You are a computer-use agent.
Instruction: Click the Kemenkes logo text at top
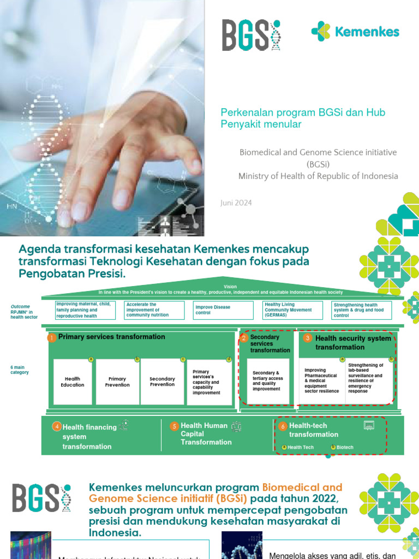[x=367, y=32]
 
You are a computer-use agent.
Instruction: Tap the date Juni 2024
[x=236, y=203]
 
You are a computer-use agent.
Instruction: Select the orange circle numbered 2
[x=244, y=338]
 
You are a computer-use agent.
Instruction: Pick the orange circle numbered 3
[x=307, y=338]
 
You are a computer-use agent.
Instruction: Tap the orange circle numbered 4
[x=56, y=427]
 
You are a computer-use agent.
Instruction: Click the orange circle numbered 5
[x=174, y=426]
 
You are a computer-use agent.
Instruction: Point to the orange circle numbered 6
[x=282, y=426]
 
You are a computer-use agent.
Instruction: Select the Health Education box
[x=73, y=382]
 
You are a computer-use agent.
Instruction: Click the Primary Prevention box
[x=117, y=382]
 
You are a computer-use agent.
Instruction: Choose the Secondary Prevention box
[x=162, y=382]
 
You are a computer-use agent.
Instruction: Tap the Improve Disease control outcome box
[x=224, y=310]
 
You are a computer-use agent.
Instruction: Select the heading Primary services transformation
[x=111, y=337]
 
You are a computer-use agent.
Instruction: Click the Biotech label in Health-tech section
[x=344, y=447]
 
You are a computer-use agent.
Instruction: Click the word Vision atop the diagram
[x=230, y=287]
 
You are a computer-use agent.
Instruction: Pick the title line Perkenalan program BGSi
[x=303, y=112]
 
